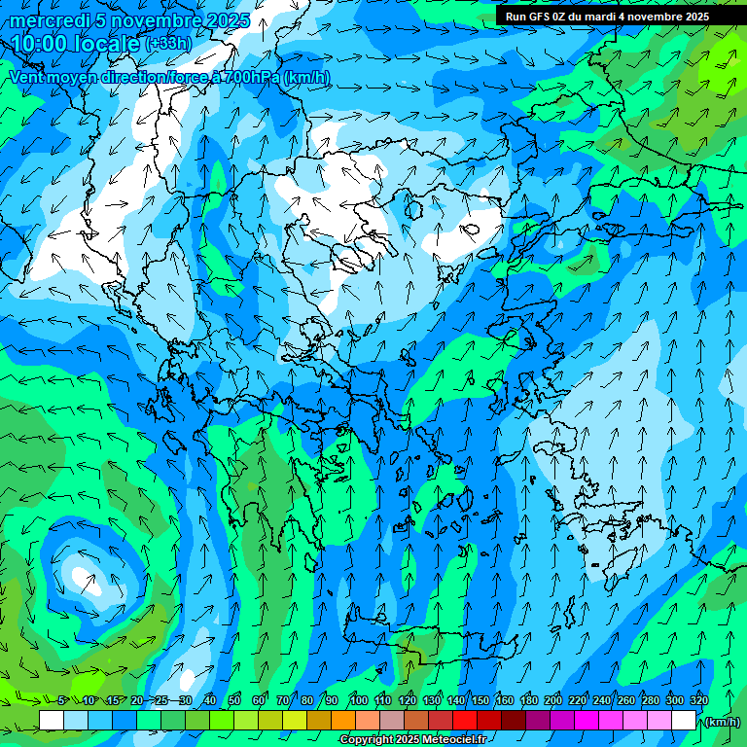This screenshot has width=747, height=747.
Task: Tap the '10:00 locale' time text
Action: pos(76,44)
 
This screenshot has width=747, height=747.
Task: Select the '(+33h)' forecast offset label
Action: pos(168,44)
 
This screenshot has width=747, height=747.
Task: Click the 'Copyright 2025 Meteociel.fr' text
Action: pos(412,740)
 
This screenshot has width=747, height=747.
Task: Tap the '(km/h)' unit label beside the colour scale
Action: pos(723,722)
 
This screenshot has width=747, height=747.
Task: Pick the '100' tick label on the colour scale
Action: pos(358,700)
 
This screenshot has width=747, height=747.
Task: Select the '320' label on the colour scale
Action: pos(698,700)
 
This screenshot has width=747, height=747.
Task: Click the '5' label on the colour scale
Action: pos(61,700)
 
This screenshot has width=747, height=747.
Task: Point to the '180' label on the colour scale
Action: pos(528,700)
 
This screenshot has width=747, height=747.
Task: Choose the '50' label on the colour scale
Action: pos(234,700)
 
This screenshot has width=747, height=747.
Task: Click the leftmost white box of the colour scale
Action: pos(52,721)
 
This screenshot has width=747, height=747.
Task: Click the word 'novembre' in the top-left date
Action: pos(147,20)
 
